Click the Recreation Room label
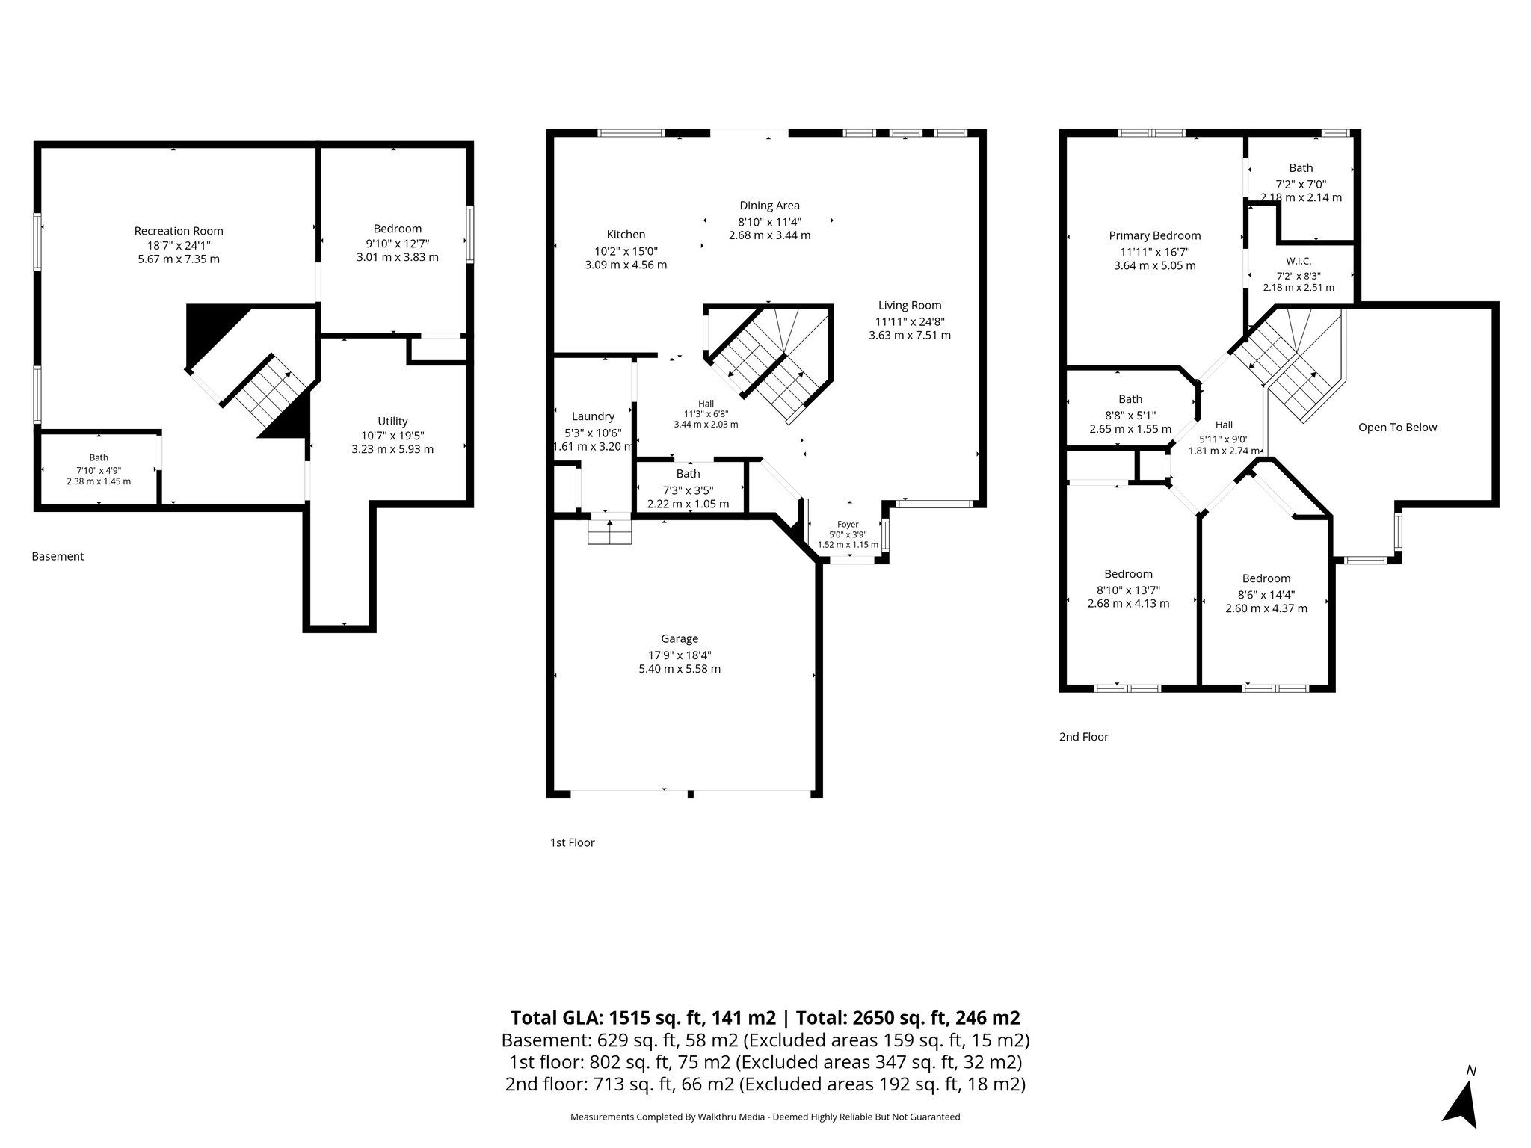click(179, 231)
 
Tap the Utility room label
click(392, 421)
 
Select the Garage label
click(680, 638)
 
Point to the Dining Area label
click(769, 206)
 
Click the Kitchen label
click(626, 235)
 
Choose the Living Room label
click(910, 305)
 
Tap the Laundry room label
click(593, 416)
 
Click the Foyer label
click(848, 525)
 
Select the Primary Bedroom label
click(1155, 235)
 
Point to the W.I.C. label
click(1298, 261)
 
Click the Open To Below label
click(1397, 428)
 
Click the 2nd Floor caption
click(1083, 737)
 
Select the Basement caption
click(58, 556)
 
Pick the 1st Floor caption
click(572, 842)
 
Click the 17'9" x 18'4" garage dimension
click(680, 654)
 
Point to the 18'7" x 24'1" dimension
click(179, 245)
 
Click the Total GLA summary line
click(765, 1017)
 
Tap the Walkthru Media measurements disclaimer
click(765, 1117)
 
